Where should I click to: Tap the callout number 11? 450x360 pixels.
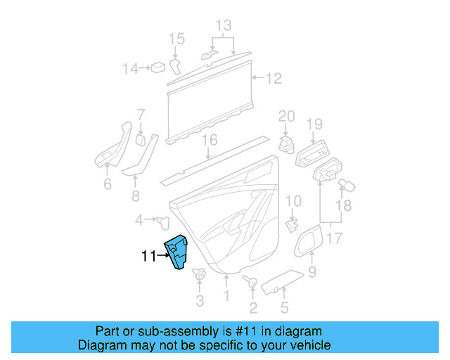(x=148, y=257)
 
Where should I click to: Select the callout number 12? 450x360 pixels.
(x=274, y=79)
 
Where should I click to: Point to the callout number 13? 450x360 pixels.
(x=223, y=27)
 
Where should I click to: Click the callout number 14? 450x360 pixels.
(x=130, y=68)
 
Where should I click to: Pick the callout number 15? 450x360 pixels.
(x=176, y=38)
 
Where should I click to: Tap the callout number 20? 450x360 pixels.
(x=286, y=116)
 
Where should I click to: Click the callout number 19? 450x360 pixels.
(x=314, y=124)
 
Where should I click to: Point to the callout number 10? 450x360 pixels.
(x=293, y=200)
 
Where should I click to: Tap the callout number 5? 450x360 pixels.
(x=284, y=307)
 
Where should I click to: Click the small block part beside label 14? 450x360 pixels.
(x=160, y=67)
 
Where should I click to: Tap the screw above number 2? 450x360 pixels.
(x=250, y=282)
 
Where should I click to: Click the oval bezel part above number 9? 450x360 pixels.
(x=308, y=241)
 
